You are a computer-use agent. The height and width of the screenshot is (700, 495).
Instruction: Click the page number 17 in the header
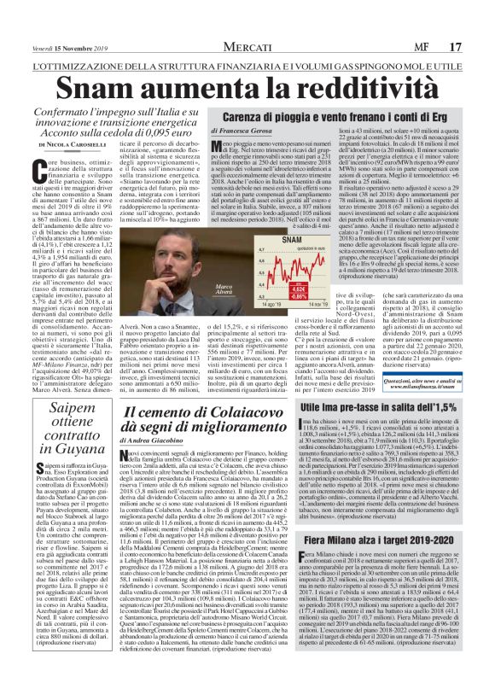click(480, 11)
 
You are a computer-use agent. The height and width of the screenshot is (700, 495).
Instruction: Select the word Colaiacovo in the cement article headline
click(249, 412)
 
